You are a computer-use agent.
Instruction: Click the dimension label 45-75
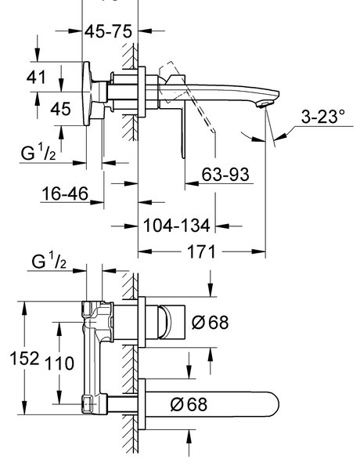[108, 31]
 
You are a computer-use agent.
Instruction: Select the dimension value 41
[36, 78]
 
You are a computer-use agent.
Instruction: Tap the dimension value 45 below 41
[60, 109]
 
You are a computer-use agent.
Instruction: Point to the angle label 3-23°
[323, 116]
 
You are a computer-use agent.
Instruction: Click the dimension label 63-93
[225, 175]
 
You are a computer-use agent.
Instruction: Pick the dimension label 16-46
[65, 193]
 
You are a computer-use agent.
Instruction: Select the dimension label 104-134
[177, 226]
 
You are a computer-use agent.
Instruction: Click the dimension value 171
[201, 251]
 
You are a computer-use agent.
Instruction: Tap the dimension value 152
[24, 358]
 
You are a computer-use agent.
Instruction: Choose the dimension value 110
[59, 363]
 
